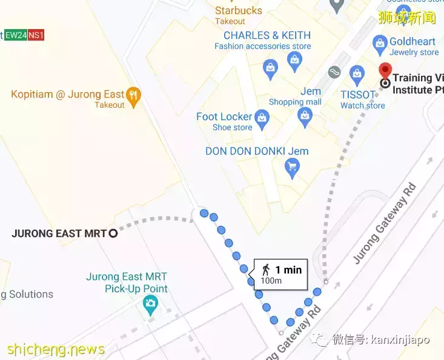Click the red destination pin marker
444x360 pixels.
coord(384,71)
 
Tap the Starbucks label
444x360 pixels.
coord(239,10)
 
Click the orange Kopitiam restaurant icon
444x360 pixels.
coord(134,95)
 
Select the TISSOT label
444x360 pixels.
coord(358,95)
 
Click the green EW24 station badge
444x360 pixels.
coord(16,35)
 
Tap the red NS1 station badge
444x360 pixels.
coord(36,35)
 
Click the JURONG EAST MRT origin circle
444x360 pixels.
coord(113,233)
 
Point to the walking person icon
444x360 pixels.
coord(265,270)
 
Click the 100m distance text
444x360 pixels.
coord(271,281)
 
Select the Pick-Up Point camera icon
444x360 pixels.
coord(150,304)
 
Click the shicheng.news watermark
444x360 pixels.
coord(56,350)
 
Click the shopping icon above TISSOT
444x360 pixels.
coord(357,76)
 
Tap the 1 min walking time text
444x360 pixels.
coord(288,270)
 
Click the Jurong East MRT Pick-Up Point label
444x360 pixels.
coord(127,282)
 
